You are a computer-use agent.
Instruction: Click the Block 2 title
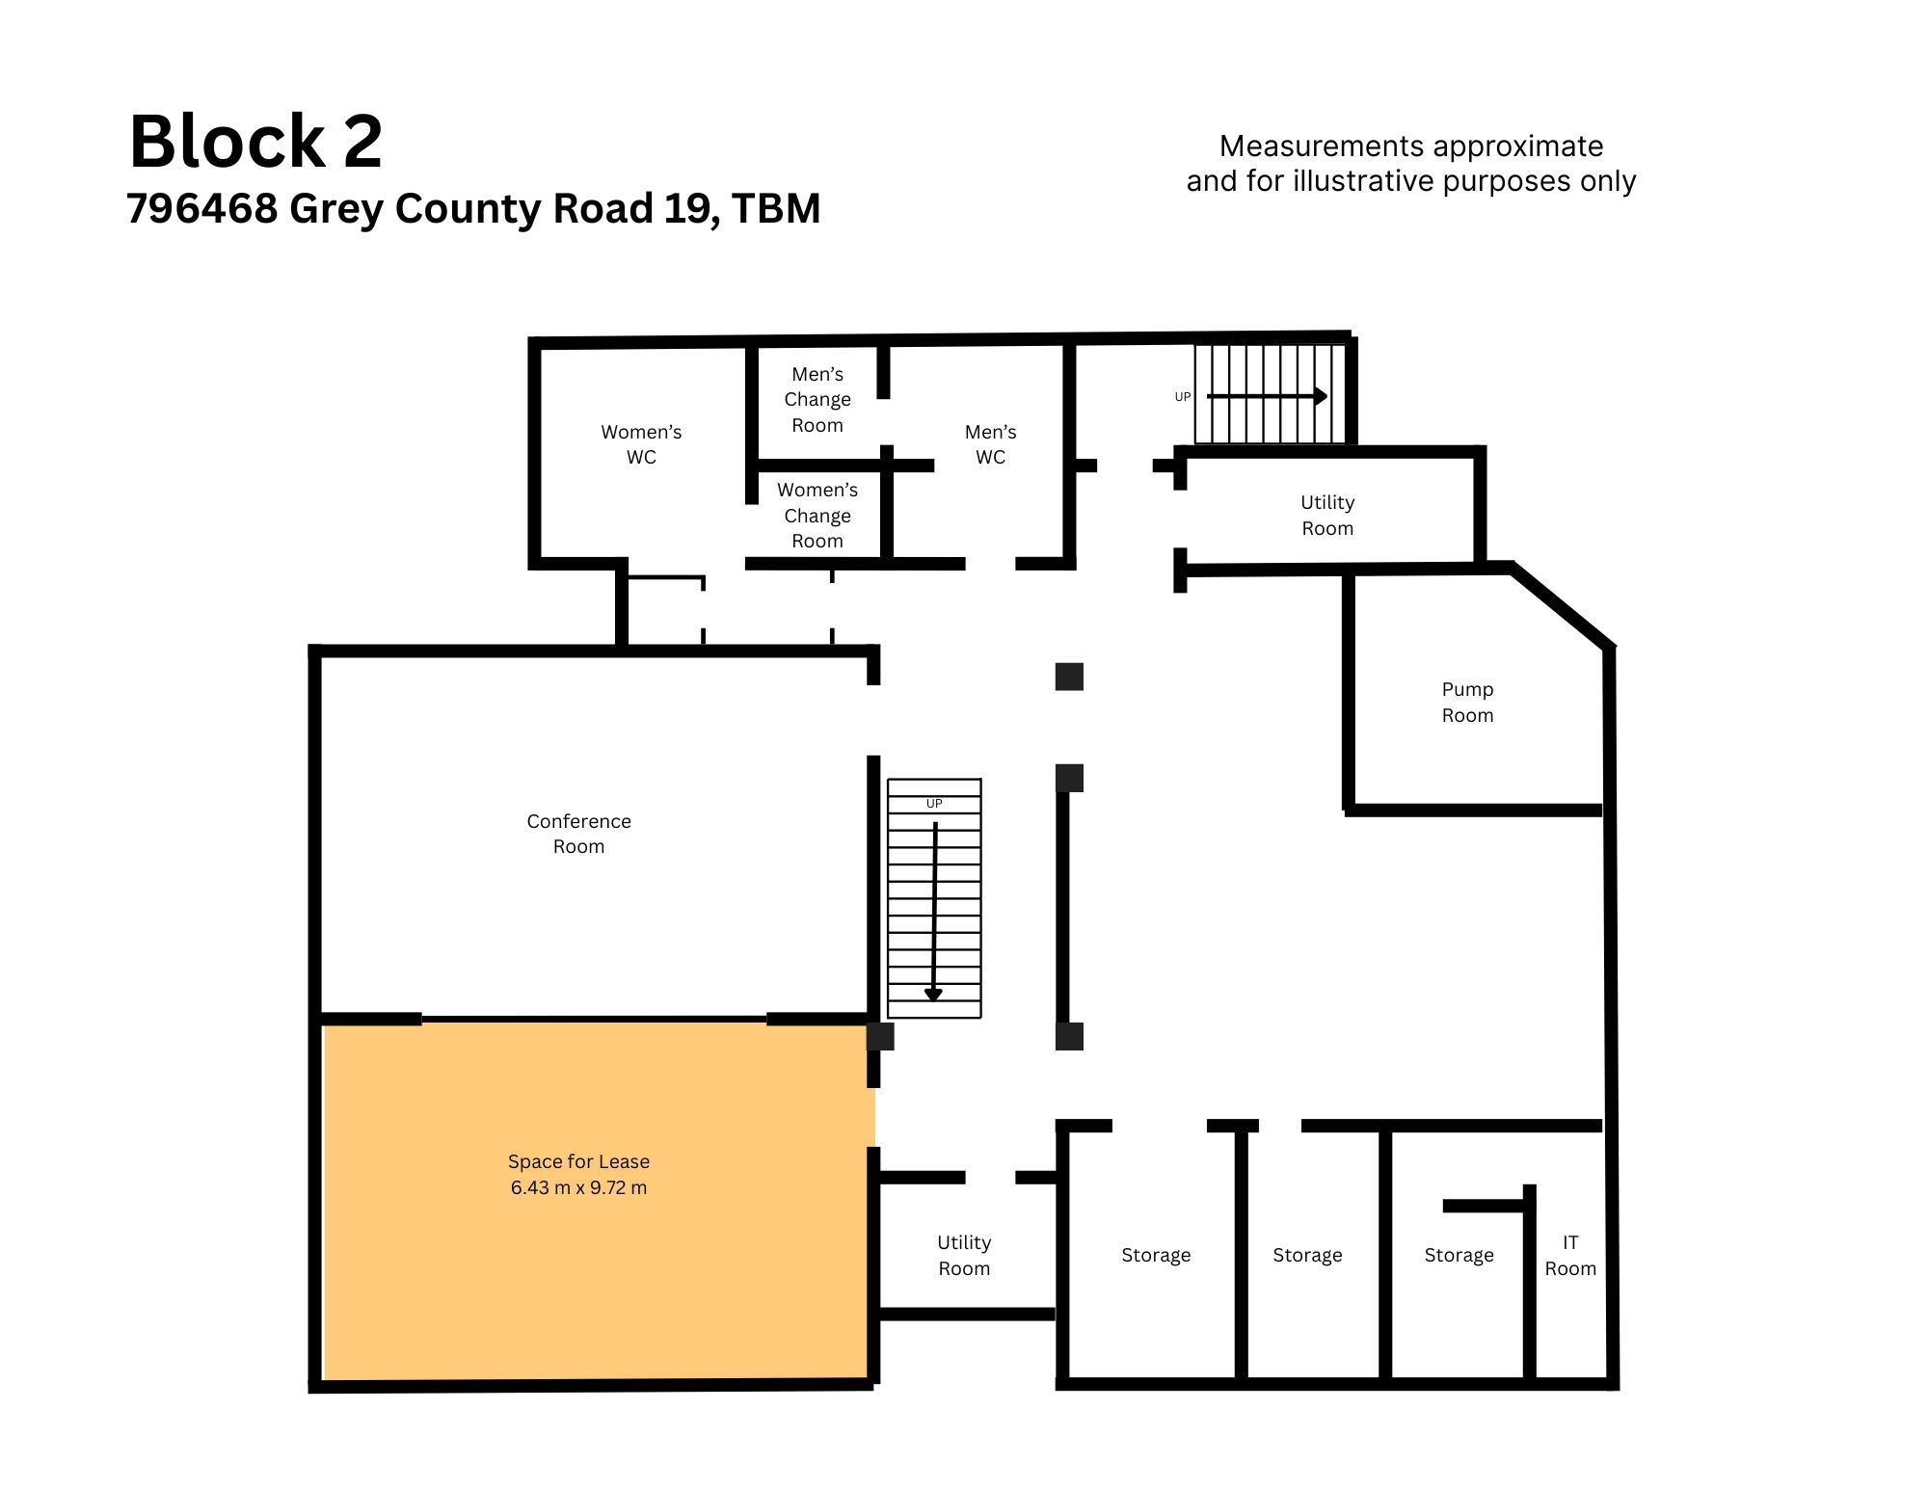click(256, 142)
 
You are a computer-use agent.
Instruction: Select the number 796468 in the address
click(202, 208)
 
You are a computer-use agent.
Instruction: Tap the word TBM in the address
click(776, 208)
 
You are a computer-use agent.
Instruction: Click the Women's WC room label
click(641, 444)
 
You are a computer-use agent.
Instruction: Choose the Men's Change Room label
click(817, 399)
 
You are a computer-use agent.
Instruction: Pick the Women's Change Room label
click(817, 516)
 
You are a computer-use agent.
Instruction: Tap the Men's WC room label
click(991, 444)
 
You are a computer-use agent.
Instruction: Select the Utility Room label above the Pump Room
click(1327, 515)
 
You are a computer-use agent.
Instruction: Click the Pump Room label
click(1467, 702)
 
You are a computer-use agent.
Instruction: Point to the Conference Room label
click(578, 834)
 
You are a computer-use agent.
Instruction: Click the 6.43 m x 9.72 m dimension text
click(578, 1187)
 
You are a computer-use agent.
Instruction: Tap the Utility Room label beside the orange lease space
click(964, 1255)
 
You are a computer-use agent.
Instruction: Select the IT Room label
click(1570, 1255)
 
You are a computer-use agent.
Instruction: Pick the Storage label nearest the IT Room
click(1459, 1255)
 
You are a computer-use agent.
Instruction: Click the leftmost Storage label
click(1156, 1255)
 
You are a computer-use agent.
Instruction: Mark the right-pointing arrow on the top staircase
click(1267, 396)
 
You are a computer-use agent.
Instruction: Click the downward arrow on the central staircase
click(933, 912)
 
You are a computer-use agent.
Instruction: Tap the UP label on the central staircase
click(934, 804)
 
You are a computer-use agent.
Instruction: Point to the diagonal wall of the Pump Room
click(1562, 605)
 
